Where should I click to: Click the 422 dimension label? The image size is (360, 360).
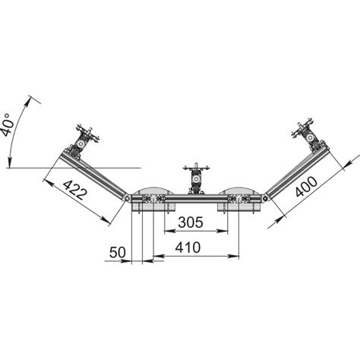[x=75, y=190]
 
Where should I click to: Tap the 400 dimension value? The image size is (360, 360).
[x=306, y=187]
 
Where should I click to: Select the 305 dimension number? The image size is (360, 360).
[x=191, y=223]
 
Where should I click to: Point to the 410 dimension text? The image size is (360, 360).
[x=188, y=248]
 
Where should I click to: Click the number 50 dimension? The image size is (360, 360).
[x=118, y=252]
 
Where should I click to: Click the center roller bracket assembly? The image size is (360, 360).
[x=196, y=178]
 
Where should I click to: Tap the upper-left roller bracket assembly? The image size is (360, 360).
[x=81, y=142]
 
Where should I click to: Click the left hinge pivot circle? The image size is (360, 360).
[x=127, y=198]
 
